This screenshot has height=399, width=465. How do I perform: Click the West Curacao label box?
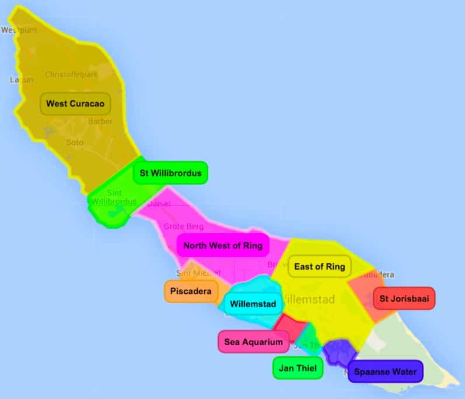pos(75,104)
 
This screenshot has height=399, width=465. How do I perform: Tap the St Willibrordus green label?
pos(170,173)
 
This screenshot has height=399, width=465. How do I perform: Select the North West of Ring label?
pos(223,245)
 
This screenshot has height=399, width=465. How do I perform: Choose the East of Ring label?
pos(319,266)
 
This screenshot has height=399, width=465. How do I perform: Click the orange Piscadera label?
pos(191,291)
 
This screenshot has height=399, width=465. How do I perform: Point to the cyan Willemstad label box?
pos(253,304)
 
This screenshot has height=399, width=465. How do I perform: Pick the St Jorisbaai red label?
pos(404,299)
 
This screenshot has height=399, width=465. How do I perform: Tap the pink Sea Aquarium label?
pos(253,342)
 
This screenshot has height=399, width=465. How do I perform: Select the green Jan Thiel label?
pos(298,368)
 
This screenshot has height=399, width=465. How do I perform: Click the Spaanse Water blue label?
pos(386,372)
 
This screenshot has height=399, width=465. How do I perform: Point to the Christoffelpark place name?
pos(72,75)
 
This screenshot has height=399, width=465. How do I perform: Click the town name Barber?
pos(100,122)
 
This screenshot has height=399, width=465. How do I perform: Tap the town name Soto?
pos(75,142)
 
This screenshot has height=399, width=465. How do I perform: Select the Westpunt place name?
pos(19,29)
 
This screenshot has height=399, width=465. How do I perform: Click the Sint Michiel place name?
pos(194,273)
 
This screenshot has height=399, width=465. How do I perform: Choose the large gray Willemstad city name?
pos(308,300)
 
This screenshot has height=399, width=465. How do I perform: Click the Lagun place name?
pos(22,79)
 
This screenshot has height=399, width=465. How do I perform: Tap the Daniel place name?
pos(159,204)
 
